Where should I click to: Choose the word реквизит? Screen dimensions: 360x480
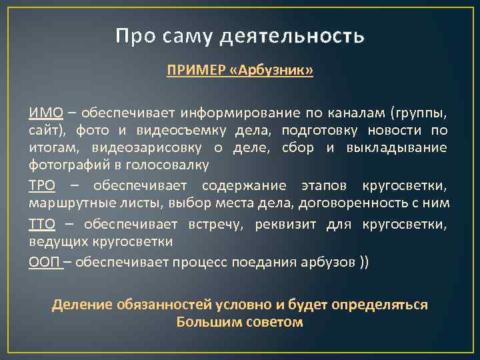pos(287,223)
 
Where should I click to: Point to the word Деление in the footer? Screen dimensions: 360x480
pos(79,304)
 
